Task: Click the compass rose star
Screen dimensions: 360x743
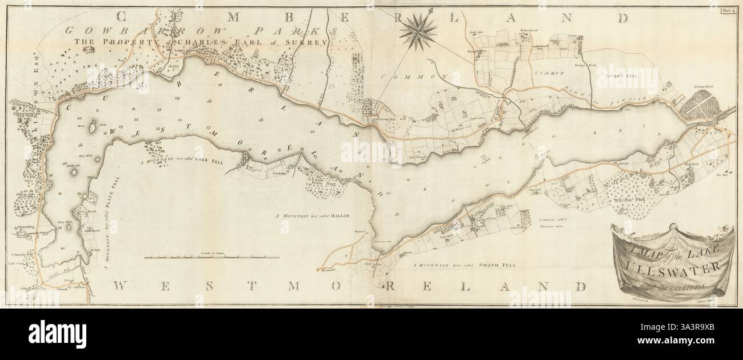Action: pos(417,31)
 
